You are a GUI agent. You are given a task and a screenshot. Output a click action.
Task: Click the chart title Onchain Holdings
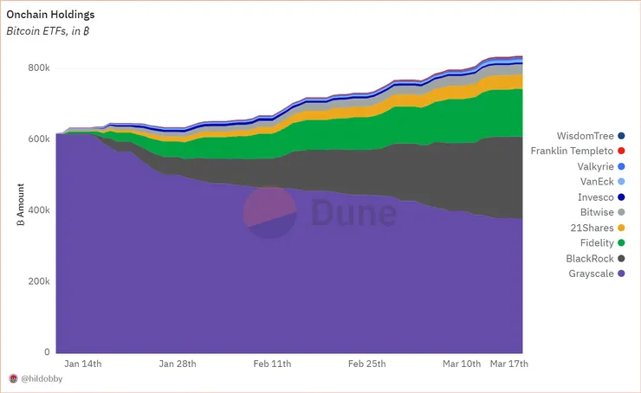(50, 15)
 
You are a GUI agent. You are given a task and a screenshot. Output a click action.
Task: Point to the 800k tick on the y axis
(39, 68)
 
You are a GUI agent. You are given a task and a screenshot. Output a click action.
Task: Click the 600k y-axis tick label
(39, 139)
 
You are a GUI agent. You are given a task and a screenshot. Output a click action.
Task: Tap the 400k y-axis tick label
(39, 210)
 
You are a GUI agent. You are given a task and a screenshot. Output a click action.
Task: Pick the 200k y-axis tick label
(39, 281)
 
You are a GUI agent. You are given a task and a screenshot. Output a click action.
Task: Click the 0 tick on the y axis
(47, 352)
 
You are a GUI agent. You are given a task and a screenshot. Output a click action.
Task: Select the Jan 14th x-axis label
(84, 364)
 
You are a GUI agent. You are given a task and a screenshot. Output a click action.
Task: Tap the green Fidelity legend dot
(622, 243)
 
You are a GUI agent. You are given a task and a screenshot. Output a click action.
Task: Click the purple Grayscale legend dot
(622, 274)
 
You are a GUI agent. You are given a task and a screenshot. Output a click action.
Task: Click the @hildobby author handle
(43, 379)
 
